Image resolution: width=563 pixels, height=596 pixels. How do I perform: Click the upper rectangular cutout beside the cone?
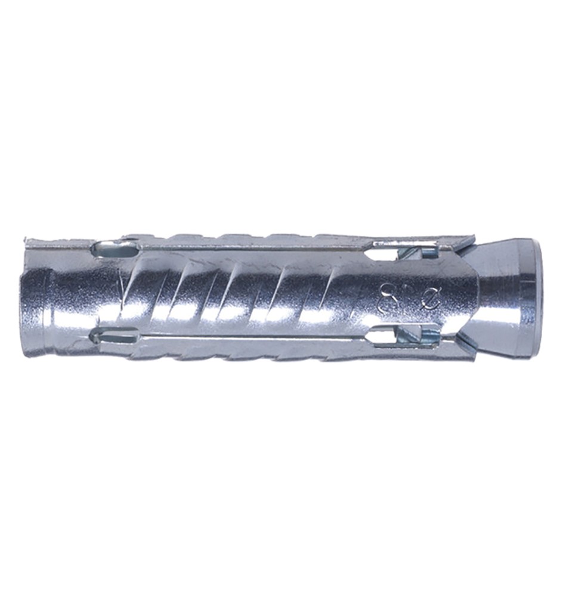coord(388,250)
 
